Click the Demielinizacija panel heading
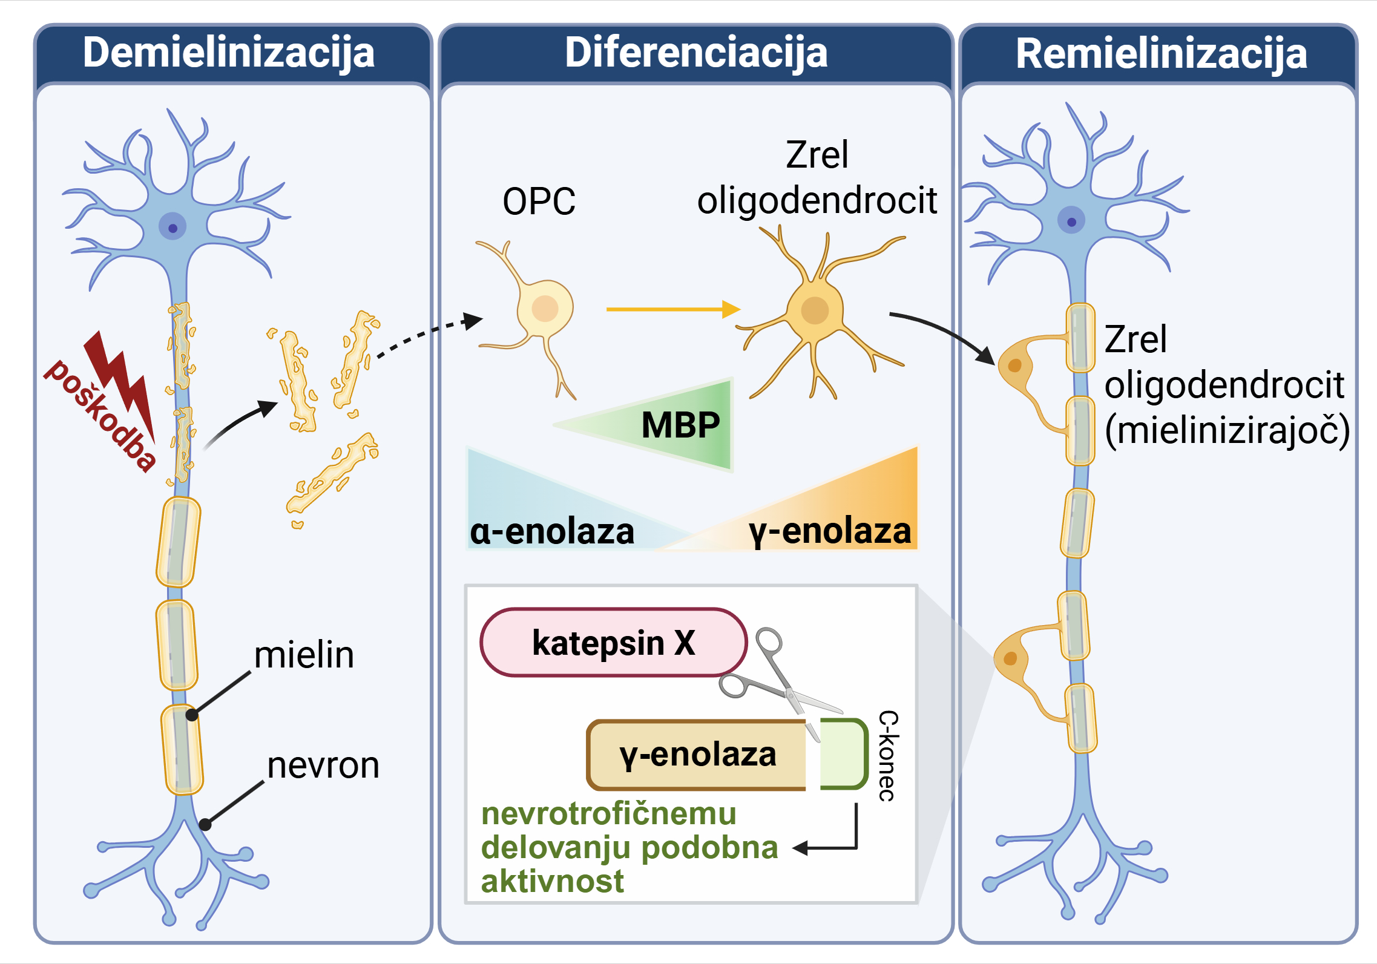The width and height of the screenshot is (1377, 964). point(229,53)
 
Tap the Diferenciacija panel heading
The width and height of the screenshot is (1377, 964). point(696,53)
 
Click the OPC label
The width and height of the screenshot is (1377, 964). point(539,202)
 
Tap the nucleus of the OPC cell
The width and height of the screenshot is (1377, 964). point(545,309)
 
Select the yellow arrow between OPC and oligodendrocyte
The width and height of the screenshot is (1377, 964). point(672,309)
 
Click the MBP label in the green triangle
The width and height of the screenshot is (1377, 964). point(680,425)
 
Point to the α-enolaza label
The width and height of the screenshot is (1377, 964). point(552,533)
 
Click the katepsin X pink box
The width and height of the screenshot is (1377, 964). point(613,643)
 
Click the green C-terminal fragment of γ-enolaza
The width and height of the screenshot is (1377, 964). point(843,755)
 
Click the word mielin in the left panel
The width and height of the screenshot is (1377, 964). point(304,655)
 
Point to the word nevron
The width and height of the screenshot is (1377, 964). point(323,766)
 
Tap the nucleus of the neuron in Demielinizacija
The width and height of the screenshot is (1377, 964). point(173,228)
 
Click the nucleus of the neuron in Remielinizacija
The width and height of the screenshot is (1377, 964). point(1071,221)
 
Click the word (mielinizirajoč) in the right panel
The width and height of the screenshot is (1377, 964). point(1227,430)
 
